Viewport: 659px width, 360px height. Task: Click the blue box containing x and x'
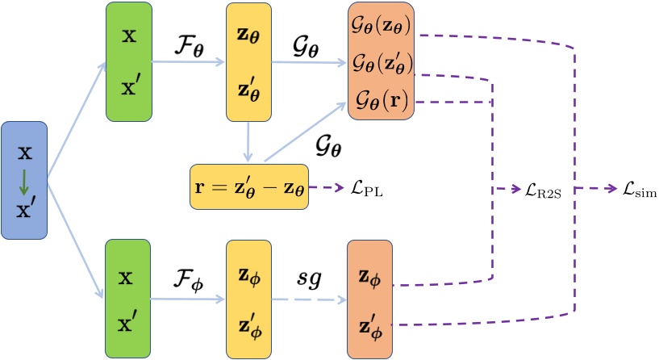24,179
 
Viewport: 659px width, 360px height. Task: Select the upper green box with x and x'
128,63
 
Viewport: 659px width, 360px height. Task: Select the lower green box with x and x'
128,297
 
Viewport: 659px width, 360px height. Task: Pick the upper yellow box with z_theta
249,63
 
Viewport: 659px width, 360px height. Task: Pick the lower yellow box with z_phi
249,297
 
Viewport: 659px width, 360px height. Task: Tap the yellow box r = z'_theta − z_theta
250,187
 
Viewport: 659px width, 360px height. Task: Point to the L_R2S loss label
545,190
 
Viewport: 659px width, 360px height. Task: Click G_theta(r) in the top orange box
380,102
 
